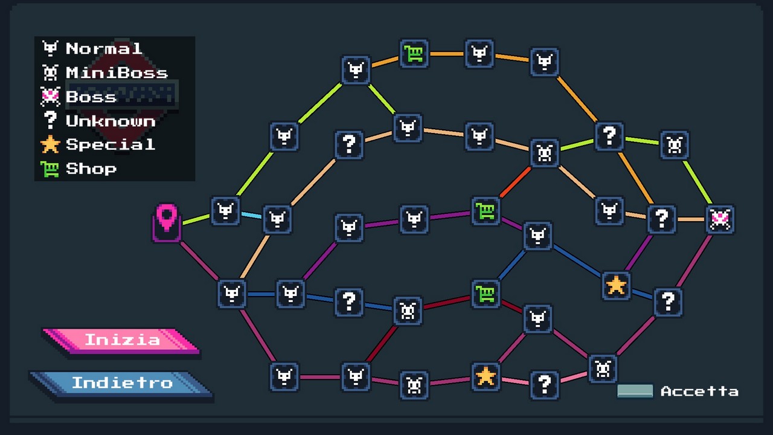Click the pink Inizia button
coord(121,341)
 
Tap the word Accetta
coord(699,391)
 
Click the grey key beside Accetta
coord(635,391)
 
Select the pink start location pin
coord(167,223)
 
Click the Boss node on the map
coord(720,219)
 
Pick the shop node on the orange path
coord(414,54)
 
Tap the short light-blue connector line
coord(251,216)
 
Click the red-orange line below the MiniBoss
coord(515,182)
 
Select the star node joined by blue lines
coord(616,286)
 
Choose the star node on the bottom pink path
coord(486,376)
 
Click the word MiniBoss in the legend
coord(117,73)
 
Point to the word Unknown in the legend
coord(111,121)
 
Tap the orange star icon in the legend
coord(50,144)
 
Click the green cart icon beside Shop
coord(50,169)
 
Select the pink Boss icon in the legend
coord(50,97)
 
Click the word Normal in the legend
coord(104,49)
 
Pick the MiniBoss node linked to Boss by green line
coord(675,145)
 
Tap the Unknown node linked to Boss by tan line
coord(661,219)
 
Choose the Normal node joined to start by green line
coord(225,211)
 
